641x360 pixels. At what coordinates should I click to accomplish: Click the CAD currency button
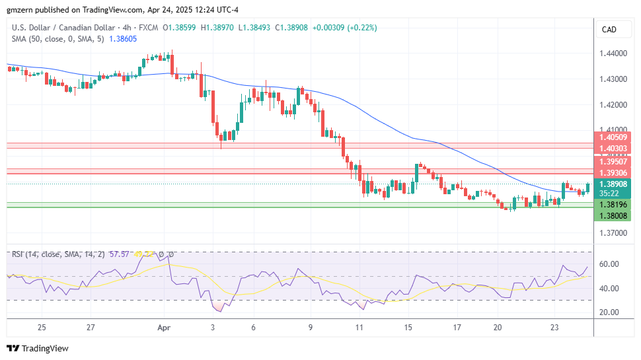[x=609, y=30]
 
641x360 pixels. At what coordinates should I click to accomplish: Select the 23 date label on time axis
[x=554, y=327]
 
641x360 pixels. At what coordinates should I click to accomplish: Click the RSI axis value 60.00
[x=608, y=264]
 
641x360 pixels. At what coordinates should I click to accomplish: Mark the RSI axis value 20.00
[x=608, y=312]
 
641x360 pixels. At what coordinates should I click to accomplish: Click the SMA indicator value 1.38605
[x=124, y=40]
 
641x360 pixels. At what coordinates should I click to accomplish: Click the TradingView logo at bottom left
[x=38, y=348]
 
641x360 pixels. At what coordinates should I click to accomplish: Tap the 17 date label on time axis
[x=457, y=327]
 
